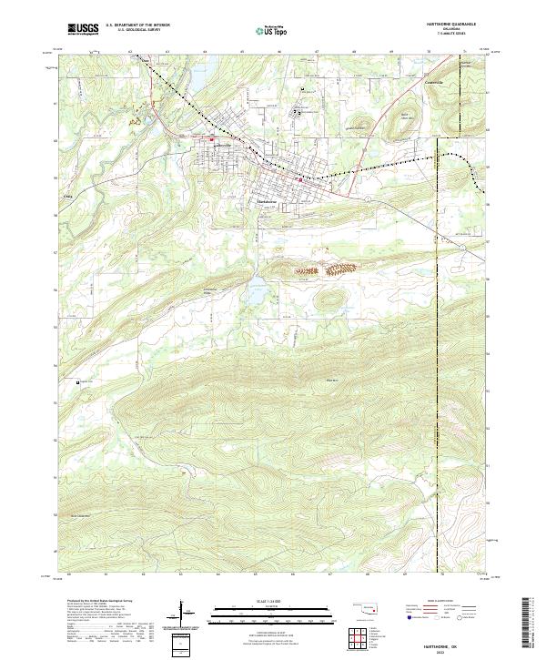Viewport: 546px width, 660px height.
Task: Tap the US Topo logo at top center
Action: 267,29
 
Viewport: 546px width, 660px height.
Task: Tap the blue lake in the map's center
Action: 252,294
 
